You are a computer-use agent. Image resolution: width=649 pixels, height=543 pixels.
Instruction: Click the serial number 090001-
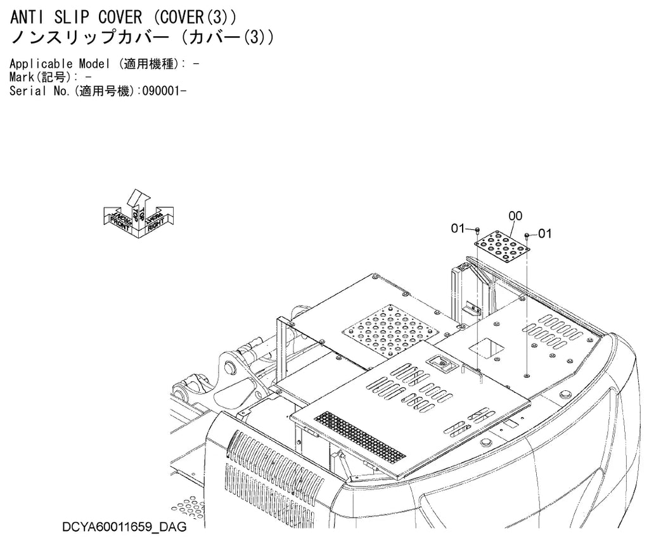[164, 91]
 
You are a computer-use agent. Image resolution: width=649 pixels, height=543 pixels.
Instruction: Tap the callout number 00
[515, 215]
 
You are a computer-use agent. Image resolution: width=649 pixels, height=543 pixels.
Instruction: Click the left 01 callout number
[458, 228]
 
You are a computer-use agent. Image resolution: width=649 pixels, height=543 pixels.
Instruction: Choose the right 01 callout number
[544, 234]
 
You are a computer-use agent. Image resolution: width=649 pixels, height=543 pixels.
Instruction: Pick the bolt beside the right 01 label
[527, 236]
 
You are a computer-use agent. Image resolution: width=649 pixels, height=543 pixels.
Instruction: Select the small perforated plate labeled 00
[502, 248]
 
